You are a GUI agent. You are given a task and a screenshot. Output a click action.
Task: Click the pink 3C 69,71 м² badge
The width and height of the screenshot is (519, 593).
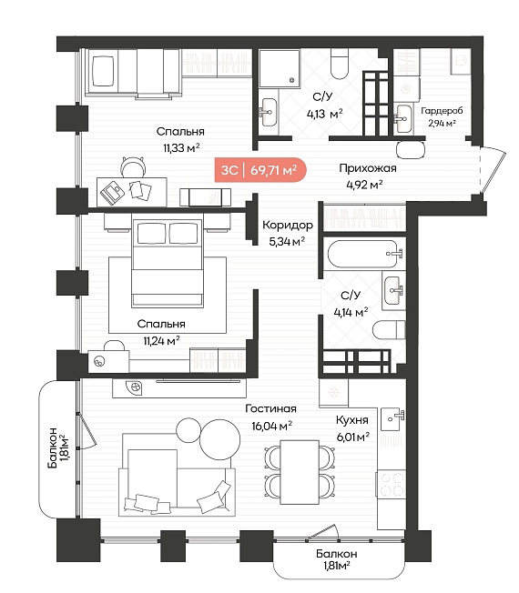tap(260, 170)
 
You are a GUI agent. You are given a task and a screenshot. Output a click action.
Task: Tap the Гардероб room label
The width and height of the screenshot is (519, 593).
tap(442, 111)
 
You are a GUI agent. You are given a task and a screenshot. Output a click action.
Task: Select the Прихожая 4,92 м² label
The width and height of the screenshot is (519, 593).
tap(367, 176)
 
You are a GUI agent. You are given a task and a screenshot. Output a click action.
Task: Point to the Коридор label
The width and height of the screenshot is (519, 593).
tap(288, 225)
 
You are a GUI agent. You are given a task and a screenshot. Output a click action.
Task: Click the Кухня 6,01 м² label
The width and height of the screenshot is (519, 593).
tap(352, 428)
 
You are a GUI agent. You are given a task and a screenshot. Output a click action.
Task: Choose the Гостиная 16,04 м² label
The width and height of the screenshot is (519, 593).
tap(271, 417)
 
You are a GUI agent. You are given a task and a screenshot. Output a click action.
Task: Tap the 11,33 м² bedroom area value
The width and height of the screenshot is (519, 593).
tap(181, 148)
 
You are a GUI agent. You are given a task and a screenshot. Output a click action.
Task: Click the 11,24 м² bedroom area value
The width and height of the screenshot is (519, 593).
tap(161, 341)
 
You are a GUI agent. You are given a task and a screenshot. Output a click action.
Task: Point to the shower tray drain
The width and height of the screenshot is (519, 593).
tap(291, 80)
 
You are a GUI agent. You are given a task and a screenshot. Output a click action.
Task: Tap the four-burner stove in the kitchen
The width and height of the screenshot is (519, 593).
tap(391, 485)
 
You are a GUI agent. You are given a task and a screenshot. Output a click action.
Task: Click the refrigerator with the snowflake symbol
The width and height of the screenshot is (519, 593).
tap(333, 393)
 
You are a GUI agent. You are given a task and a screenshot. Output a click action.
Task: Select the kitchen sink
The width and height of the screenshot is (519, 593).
tap(392, 419)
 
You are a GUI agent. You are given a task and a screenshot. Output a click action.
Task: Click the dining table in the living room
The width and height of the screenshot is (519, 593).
tap(300, 472)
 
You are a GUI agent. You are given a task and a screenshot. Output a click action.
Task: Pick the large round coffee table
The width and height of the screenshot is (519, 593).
tap(220, 439)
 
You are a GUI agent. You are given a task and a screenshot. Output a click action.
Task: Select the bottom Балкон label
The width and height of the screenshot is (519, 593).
tap(337, 559)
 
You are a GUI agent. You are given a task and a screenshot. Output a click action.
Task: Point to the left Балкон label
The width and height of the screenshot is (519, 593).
tap(58, 447)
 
